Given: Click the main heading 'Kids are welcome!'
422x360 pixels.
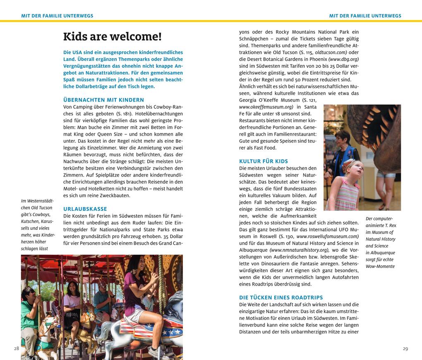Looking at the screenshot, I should click(112, 37).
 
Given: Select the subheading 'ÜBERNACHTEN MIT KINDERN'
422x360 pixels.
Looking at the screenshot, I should click(103, 100).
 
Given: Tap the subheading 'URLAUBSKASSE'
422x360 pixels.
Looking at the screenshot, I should click(85, 209).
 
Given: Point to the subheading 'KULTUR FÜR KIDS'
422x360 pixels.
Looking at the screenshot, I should click(264, 161).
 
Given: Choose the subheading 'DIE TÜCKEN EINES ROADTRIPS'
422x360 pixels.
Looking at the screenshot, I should click(281, 297).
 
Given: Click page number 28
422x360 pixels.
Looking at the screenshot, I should click(17, 348).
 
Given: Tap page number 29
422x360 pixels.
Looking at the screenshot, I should click(405, 348).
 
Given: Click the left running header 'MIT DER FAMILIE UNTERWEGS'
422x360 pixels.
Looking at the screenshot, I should click(57, 16).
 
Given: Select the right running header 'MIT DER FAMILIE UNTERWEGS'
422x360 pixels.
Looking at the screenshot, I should click(365, 16).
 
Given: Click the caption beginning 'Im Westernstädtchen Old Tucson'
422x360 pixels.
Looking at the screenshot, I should click(38, 224).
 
